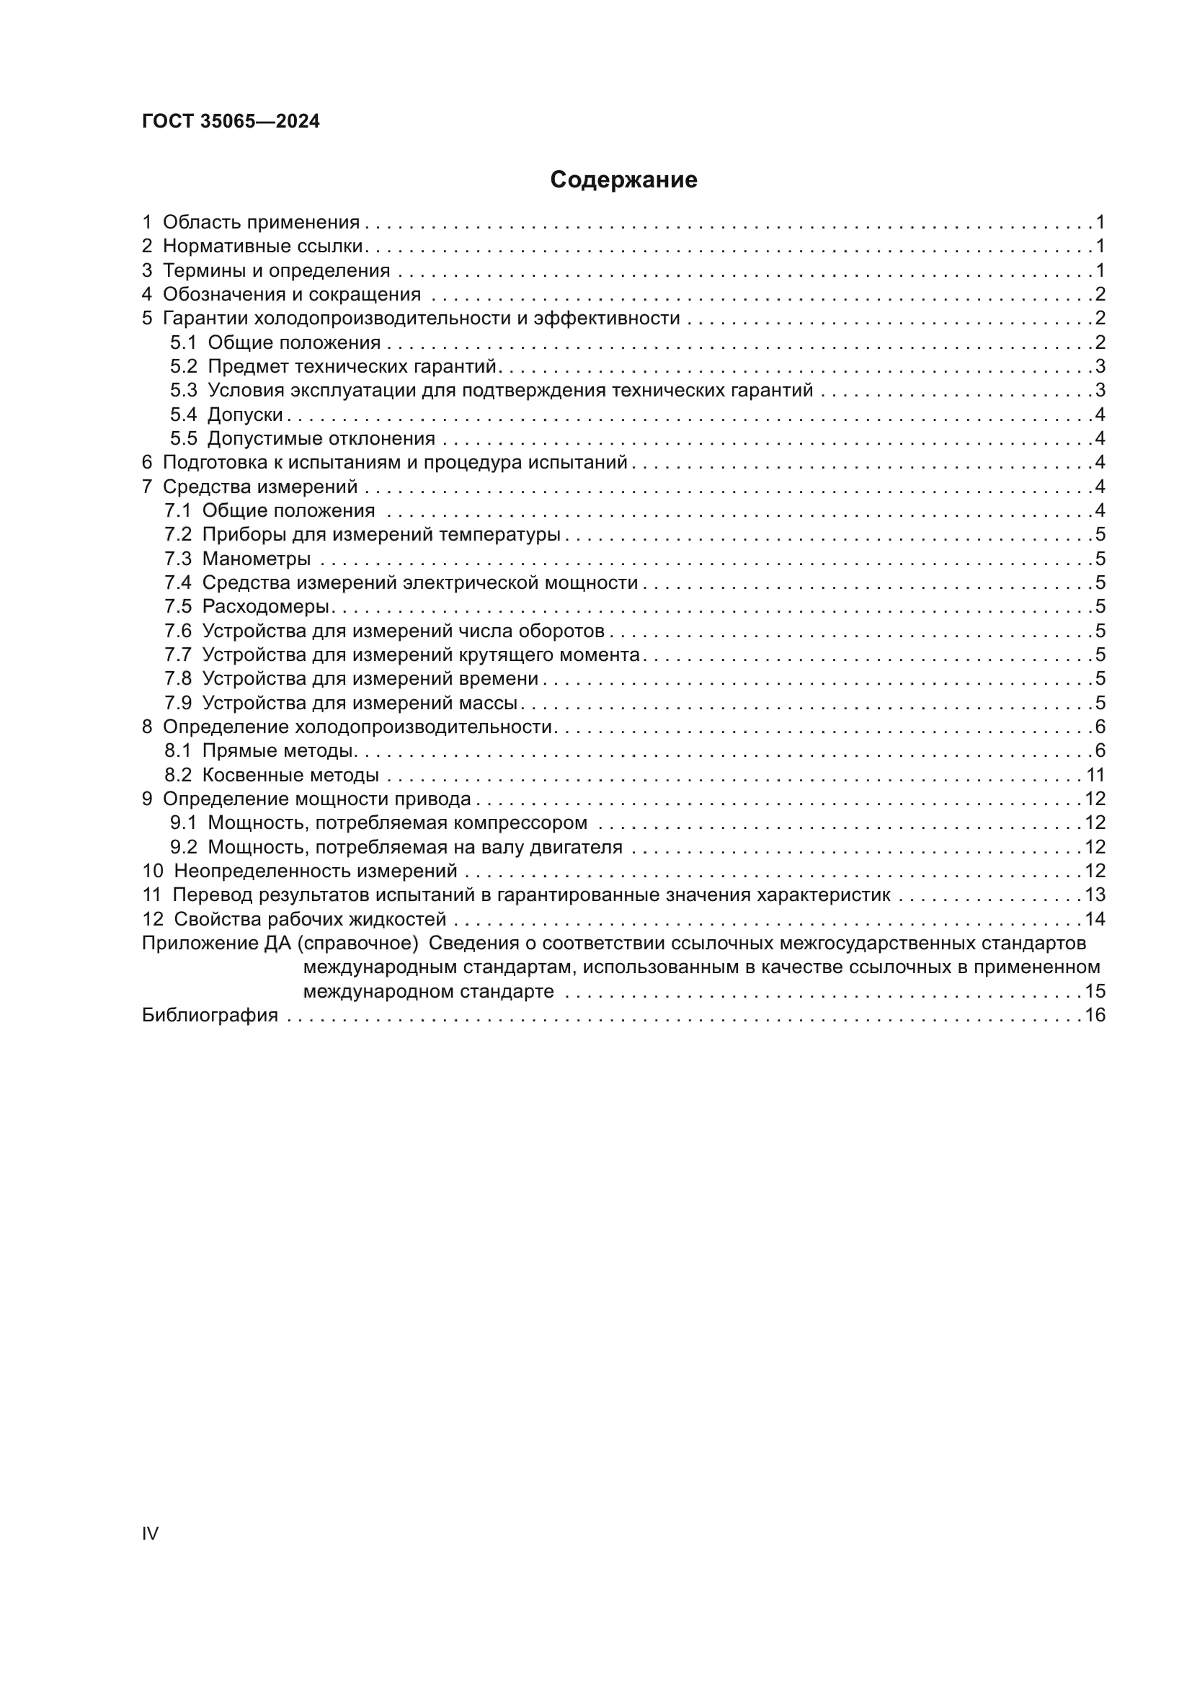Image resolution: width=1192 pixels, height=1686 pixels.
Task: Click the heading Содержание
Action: pos(623,180)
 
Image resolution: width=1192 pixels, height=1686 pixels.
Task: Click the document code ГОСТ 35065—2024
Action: pos(231,122)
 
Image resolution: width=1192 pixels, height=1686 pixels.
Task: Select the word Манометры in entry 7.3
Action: pos(256,559)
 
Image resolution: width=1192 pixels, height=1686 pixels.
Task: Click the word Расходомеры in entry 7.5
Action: pos(266,606)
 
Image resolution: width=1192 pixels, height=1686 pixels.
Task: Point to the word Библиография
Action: pos(210,1016)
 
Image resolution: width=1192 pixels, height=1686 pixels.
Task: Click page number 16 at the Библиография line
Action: pos(1095,1016)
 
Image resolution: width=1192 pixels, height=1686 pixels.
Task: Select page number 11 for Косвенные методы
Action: pos(1095,775)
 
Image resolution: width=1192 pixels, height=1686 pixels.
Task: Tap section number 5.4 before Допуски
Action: pos(184,415)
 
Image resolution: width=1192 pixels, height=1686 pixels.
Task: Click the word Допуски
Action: pos(245,415)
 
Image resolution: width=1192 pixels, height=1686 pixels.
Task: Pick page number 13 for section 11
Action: pos(1095,895)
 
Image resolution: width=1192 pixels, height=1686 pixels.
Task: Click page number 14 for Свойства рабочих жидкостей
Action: pos(1095,919)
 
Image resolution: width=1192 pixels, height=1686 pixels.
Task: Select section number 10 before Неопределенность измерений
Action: pos(152,871)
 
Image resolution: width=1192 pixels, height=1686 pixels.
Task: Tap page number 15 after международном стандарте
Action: pos(1095,991)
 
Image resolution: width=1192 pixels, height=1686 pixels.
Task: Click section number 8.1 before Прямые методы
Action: pos(177,750)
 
